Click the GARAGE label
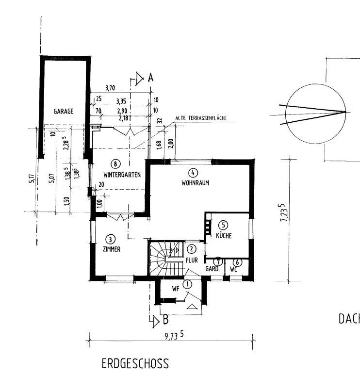tap(64, 111)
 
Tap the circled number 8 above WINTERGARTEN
tap(115, 163)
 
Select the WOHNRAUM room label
tap(195, 184)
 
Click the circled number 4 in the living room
tap(193, 173)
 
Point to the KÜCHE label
tap(224, 236)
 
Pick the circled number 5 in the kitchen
tap(223, 225)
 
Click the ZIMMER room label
tap(112, 249)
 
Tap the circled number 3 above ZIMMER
tap(111, 239)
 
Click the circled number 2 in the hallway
tap(192, 249)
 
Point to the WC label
tap(235, 269)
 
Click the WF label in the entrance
tap(176, 289)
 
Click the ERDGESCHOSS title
tap(135, 364)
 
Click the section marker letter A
tap(150, 77)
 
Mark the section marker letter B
tap(165, 320)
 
